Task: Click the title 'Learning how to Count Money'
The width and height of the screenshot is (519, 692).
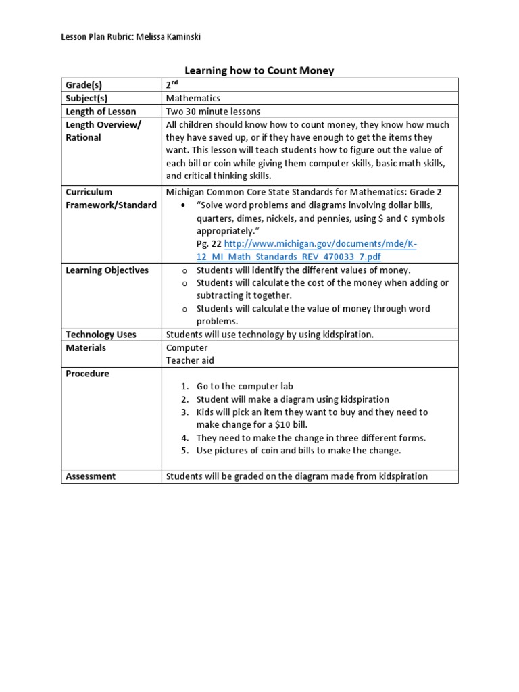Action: click(259, 70)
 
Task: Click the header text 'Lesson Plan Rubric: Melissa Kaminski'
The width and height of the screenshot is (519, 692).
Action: click(130, 36)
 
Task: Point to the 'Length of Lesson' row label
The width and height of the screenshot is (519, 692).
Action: click(101, 112)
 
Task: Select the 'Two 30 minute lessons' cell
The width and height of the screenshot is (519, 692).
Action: click(213, 112)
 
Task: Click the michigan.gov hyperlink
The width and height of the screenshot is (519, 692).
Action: click(320, 244)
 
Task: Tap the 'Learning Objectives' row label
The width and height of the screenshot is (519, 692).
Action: click(107, 270)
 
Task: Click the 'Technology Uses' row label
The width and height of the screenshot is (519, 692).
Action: click(101, 335)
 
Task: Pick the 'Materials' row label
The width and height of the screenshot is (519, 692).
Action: click(86, 347)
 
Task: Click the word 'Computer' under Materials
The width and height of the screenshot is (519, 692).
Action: click(187, 347)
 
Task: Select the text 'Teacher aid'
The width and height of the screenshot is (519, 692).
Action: click(190, 360)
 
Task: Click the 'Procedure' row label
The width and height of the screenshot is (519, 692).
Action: click(87, 374)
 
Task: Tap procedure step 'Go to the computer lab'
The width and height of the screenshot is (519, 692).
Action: click(245, 387)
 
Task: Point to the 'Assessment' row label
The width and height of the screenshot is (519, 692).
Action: click(91, 476)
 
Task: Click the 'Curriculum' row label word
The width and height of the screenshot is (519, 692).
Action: click(89, 192)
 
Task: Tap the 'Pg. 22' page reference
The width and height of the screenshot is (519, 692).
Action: click(208, 244)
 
